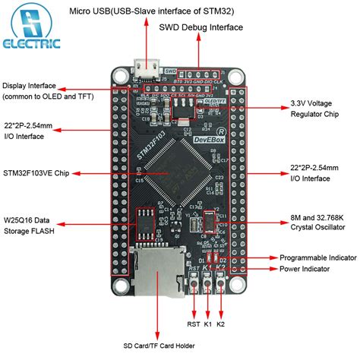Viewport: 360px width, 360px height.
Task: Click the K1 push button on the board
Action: click(x=207, y=284)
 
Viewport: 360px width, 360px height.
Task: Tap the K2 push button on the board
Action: click(x=222, y=284)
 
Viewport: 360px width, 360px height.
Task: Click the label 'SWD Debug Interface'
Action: click(x=201, y=27)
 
